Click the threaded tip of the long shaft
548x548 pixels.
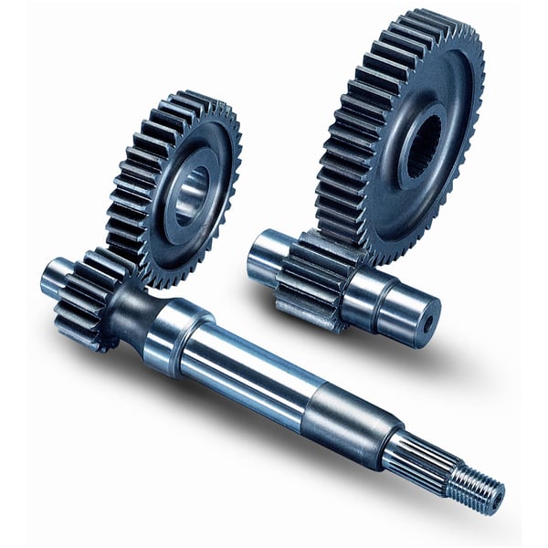[x=476, y=489]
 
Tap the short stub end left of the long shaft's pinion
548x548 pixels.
[x=55, y=274]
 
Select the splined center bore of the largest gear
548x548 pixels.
[x=421, y=146]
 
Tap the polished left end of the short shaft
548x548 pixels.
[x=265, y=256]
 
